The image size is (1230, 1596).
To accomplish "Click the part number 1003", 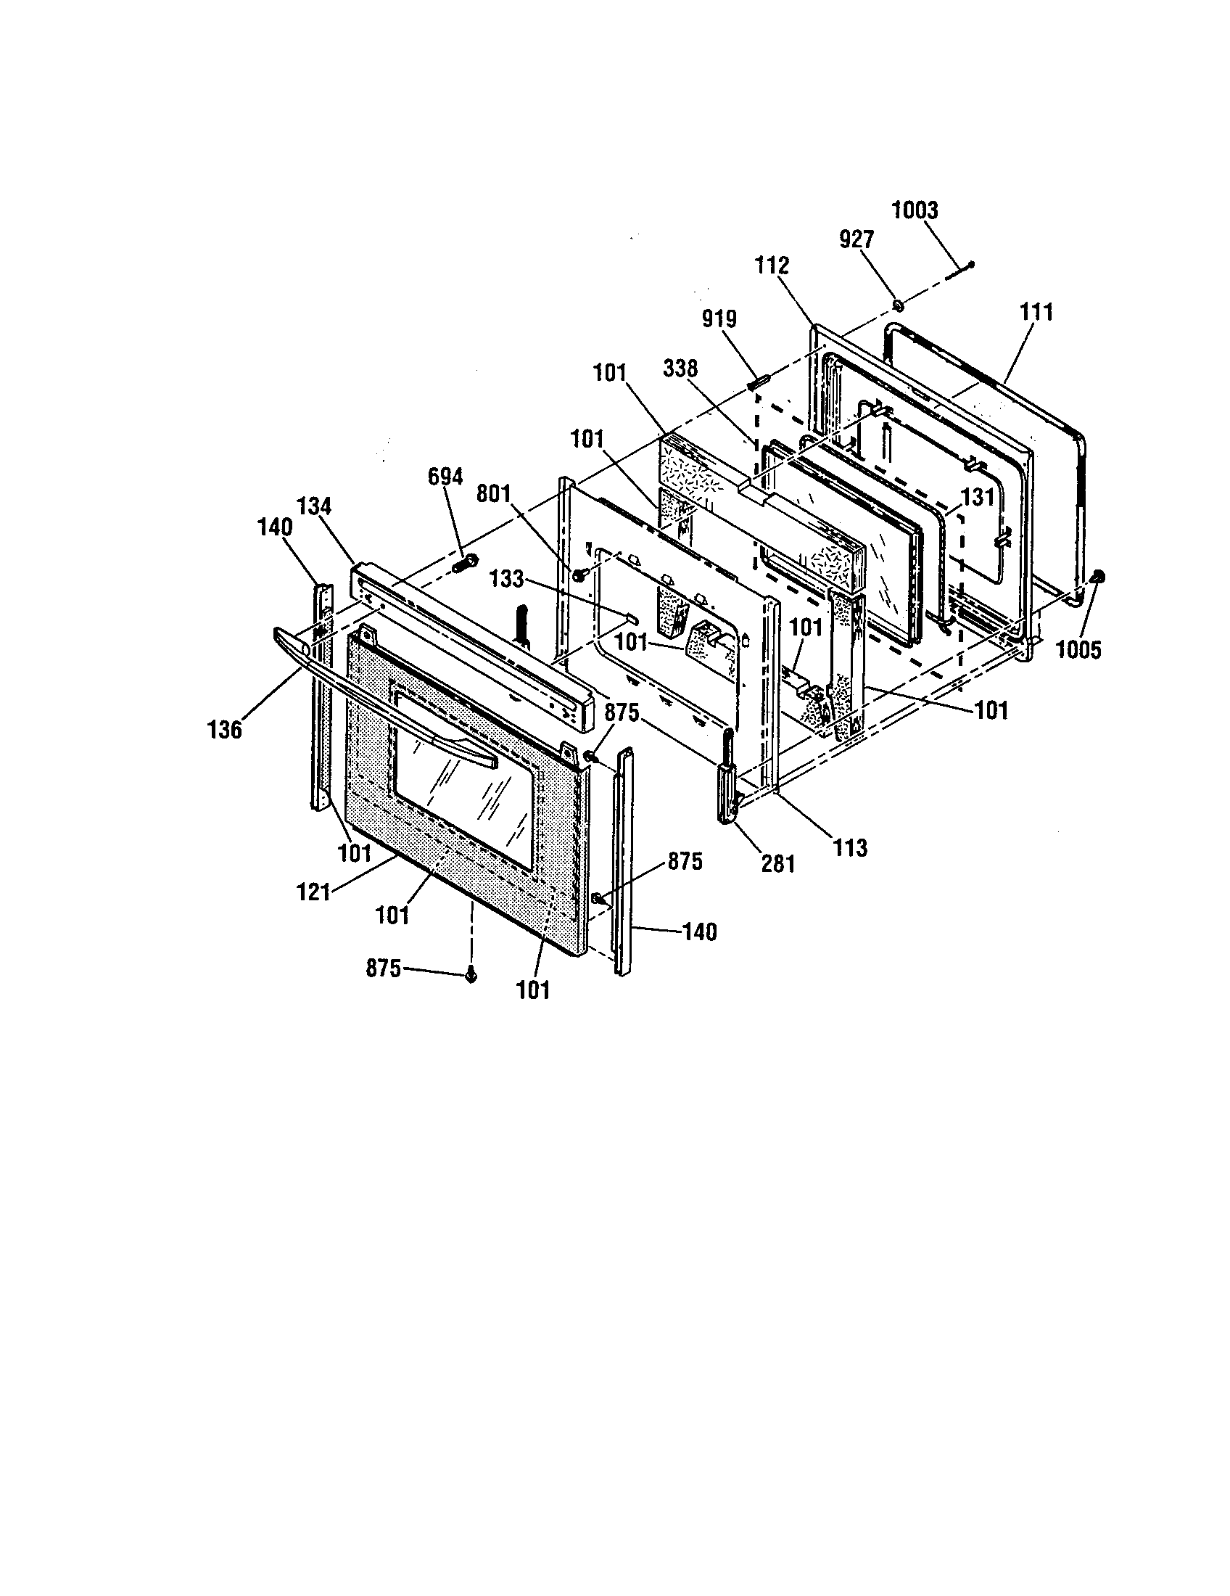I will tap(915, 211).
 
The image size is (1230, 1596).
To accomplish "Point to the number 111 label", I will tap(1036, 313).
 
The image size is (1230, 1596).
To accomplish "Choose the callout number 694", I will tap(445, 477).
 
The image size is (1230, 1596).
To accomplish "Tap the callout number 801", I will tap(493, 494).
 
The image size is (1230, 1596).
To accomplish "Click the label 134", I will tap(314, 506).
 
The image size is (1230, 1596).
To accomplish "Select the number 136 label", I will tap(224, 729).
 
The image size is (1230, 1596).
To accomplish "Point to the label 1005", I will tap(1078, 650).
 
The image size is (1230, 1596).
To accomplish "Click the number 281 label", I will tap(777, 864).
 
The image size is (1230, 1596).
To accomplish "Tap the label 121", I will tap(314, 892).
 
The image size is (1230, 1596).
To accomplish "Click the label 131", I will tap(978, 498).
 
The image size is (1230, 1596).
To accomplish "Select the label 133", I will tap(507, 580).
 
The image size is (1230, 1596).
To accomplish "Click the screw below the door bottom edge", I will tap(471, 975).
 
